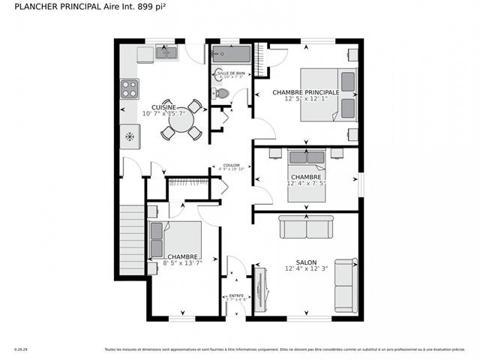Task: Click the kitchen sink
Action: pos(166,52)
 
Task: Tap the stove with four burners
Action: pos(129,88)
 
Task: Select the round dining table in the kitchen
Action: pos(179,119)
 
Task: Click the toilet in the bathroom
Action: pos(220,94)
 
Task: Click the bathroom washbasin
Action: pos(218,74)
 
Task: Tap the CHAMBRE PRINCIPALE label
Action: pos(305,92)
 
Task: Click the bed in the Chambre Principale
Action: pos(328,94)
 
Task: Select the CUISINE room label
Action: pos(163,107)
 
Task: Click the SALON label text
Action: pos(305,262)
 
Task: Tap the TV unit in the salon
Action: pos(261,289)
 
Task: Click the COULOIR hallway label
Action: pos(231,165)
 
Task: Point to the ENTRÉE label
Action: pos(236,295)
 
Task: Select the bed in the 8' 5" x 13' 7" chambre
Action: pos(175,240)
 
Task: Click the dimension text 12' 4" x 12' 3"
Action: pos(305,269)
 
